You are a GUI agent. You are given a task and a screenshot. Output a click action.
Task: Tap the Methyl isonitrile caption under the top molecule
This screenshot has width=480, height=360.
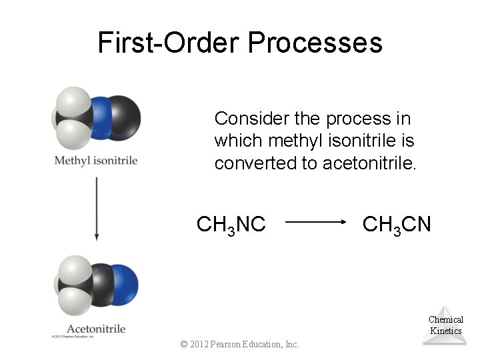pos(95,161)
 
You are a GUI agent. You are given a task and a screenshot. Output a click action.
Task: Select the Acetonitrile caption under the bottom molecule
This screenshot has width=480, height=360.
pos(96,329)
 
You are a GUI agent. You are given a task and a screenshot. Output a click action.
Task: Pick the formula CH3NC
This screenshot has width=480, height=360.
pos(231,225)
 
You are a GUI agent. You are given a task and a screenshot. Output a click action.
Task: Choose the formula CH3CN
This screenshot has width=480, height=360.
pos(397,225)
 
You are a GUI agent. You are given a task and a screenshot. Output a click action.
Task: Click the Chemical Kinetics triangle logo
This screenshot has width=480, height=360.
pos(445,325)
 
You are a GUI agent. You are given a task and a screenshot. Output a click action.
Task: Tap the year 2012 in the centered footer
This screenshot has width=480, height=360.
pos(197,344)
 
